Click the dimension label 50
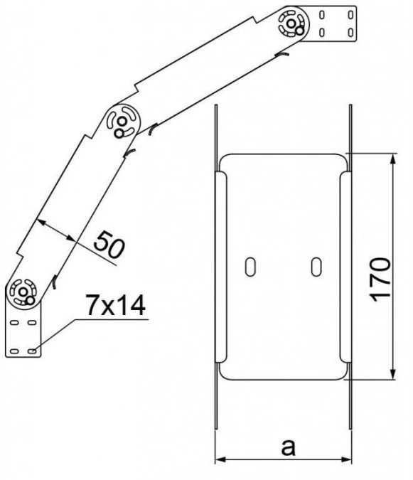[x=109, y=245]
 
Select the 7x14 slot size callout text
[x=115, y=306]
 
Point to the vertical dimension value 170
[x=380, y=279]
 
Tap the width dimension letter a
[x=288, y=447]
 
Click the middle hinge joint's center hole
[x=122, y=121]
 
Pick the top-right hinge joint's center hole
[x=291, y=23]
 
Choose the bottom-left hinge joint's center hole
[x=23, y=292]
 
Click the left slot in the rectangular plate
[x=250, y=267]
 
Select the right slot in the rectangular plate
[x=316, y=267]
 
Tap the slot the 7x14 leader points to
[x=32, y=351]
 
